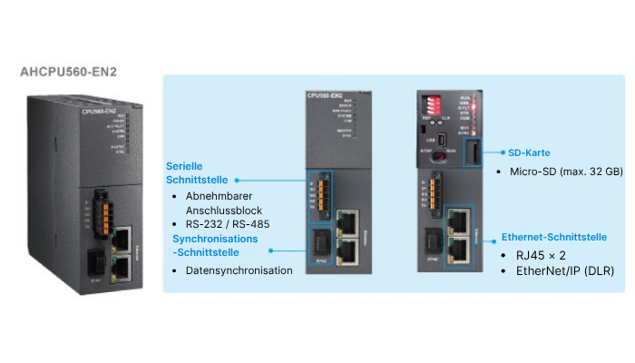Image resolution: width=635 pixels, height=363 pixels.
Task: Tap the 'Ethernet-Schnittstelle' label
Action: (553, 237)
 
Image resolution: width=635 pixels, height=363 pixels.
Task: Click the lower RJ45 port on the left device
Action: (121, 268)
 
